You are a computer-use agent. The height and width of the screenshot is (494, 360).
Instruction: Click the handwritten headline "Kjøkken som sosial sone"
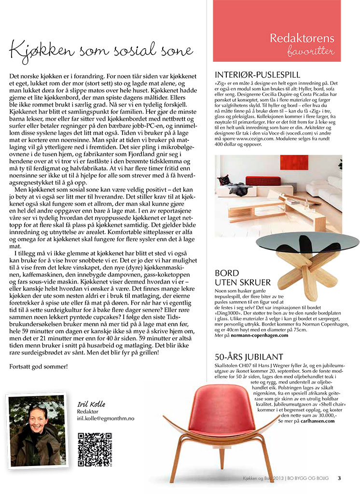(x=101, y=50)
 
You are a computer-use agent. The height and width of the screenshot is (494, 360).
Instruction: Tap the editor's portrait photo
(x=36, y=431)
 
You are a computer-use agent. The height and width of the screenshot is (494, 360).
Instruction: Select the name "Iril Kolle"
(x=91, y=404)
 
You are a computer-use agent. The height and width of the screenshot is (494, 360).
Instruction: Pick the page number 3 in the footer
(x=339, y=479)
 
